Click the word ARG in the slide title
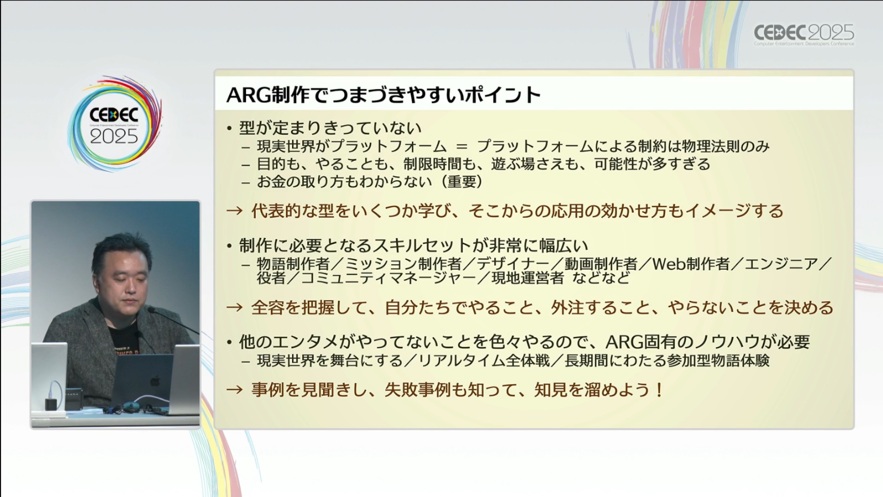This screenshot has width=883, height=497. tap(249, 95)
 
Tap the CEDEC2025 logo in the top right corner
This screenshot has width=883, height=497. tap(803, 34)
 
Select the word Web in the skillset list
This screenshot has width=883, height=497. tap(668, 264)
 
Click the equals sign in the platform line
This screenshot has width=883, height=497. tap(461, 147)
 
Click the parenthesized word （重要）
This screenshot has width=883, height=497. tap(461, 182)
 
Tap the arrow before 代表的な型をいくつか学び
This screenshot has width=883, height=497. tap(235, 211)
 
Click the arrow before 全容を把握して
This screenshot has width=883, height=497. tap(235, 307)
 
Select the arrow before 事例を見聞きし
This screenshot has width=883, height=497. tap(235, 390)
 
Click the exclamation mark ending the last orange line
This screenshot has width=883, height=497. tap(659, 390)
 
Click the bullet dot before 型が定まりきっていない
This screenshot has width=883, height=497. tap(229, 128)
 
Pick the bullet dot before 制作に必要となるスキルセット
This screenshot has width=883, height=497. tap(229, 246)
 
